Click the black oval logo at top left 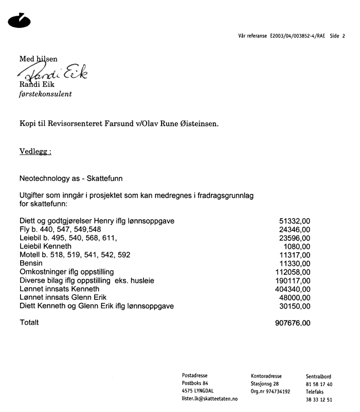[x=20, y=21]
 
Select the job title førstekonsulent [x=45, y=94]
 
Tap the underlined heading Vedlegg [x=35, y=152]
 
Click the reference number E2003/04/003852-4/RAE [x=298, y=36]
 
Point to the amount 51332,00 [x=294, y=221]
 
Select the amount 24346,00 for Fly [x=294, y=229]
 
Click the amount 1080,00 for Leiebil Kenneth [x=297, y=246]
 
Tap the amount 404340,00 [x=292, y=289]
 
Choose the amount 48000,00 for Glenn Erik [x=294, y=297]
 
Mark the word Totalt [x=29, y=323]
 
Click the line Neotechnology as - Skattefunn [x=71, y=178]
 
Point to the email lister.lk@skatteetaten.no [x=209, y=399]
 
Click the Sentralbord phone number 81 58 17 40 [x=319, y=384]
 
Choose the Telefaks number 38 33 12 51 [x=319, y=400]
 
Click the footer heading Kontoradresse [x=267, y=376]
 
